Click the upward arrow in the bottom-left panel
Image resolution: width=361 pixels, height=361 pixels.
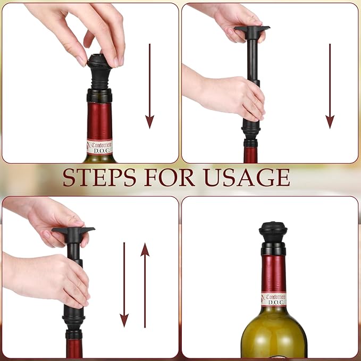(145, 285)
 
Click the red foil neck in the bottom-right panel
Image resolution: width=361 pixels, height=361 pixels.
(273, 272)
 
